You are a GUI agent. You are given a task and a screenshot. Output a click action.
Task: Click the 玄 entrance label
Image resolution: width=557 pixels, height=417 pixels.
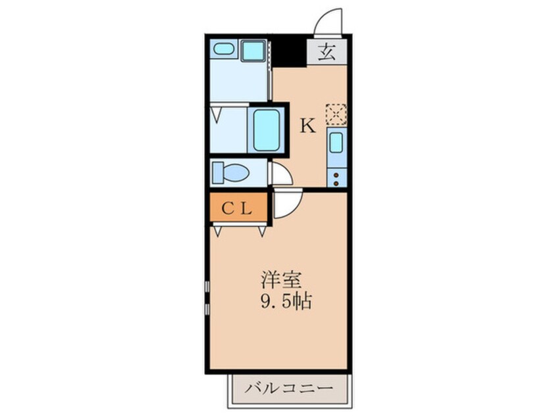pos(327,51)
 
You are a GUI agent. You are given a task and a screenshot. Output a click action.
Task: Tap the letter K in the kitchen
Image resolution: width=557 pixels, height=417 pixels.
pos(308,125)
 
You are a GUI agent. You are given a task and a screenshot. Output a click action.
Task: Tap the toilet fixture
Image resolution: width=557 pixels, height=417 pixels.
pos(231,174)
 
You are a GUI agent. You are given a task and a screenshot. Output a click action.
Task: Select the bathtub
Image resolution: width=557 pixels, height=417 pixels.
pos(266,130)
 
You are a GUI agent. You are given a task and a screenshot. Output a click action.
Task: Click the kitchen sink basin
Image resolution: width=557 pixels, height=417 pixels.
pos(336,142)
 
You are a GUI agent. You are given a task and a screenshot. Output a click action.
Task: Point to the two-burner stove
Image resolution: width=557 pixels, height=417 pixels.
pos(336,176)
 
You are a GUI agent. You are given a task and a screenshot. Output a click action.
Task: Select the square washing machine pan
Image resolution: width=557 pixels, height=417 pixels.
pos(251,50)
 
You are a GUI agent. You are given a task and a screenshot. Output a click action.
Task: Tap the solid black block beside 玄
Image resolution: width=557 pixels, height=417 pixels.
pos(290,51)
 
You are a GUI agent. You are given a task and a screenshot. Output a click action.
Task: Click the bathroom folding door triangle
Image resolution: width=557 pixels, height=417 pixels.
pos(217,114)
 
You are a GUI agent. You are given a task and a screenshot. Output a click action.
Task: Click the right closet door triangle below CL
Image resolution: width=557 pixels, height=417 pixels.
pos(262,230)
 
